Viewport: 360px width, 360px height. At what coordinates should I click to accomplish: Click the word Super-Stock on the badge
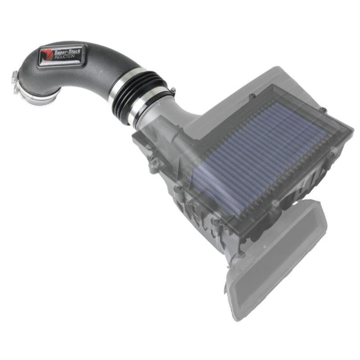coord(67,52)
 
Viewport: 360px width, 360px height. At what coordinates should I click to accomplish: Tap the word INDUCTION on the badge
coord(64,57)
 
